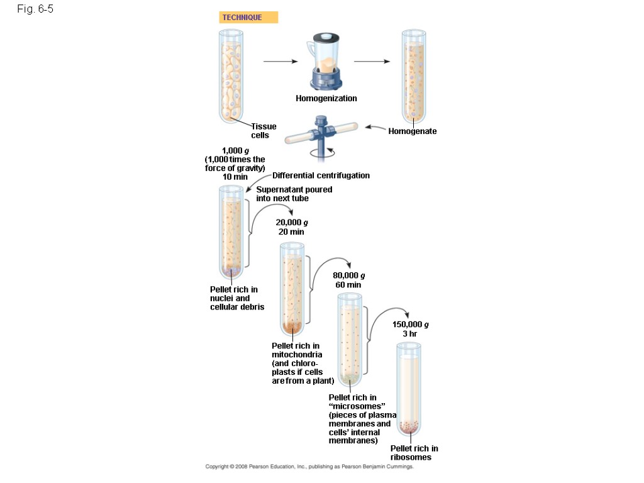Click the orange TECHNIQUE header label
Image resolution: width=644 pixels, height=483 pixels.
[x=248, y=18]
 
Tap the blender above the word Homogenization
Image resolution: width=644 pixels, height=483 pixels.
[x=326, y=63]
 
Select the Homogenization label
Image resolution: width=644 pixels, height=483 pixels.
[x=326, y=98]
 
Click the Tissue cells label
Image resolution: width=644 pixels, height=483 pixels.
[x=264, y=131]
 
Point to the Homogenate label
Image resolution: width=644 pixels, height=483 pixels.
[x=413, y=131]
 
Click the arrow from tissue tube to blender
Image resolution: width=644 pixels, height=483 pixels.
[x=280, y=62]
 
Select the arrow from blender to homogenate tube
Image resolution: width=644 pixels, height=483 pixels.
[x=372, y=62]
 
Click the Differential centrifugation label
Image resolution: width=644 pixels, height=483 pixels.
[x=321, y=175]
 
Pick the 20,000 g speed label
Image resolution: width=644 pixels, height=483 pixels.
[x=292, y=222]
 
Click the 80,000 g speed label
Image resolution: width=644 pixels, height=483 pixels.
[x=349, y=275]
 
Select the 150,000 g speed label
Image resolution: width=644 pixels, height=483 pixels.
[x=411, y=325]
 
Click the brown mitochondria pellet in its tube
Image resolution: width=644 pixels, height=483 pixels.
[x=291, y=326]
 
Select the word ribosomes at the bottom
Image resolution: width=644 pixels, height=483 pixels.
[x=411, y=457]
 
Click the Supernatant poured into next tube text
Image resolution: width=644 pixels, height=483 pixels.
[x=294, y=194]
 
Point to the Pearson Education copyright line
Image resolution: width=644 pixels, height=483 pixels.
[x=309, y=467]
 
